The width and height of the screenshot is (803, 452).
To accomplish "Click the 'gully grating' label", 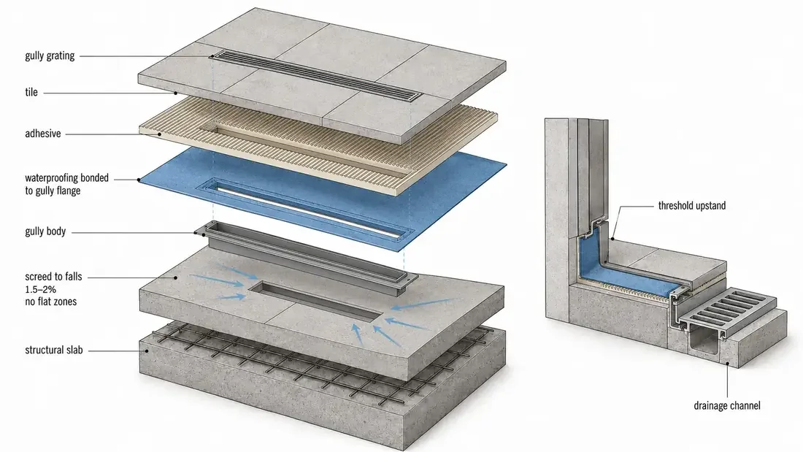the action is click(50, 55).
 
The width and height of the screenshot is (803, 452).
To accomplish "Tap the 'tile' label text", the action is click(31, 92).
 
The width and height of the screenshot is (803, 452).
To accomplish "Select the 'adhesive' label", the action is click(43, 134).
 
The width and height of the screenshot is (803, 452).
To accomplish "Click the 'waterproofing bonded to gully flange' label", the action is click(66, 184).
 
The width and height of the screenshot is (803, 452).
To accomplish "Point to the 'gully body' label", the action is click(45, 231).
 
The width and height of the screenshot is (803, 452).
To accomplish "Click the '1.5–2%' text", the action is click(40, 290).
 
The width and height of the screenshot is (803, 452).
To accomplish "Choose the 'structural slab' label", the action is click(54, 351).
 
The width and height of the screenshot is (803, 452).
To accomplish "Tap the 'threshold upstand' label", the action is click(692, 205).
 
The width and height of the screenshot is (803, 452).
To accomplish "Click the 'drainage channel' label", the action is click(726, 406).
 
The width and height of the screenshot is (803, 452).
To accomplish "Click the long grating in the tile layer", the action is click(318, 75).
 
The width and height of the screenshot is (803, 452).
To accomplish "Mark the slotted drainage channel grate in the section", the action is click(726, 311).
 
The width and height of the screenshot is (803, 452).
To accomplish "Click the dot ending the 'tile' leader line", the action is click(175, 93).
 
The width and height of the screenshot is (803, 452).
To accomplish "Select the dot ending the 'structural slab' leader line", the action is click(147, 351).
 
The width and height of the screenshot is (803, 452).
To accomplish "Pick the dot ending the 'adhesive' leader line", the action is click(160, 134).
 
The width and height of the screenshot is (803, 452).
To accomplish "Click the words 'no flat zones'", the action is click(50, 302).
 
